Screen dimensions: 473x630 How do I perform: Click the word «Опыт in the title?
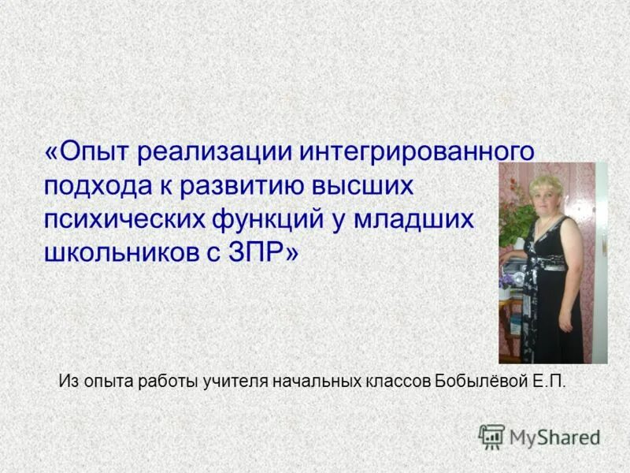point(87,151)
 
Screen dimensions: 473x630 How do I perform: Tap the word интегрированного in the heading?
point(413,151)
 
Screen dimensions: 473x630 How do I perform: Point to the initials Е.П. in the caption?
point(549,382)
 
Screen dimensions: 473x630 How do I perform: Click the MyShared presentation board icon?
point(491,437)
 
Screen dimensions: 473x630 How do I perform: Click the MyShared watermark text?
point(554,437)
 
